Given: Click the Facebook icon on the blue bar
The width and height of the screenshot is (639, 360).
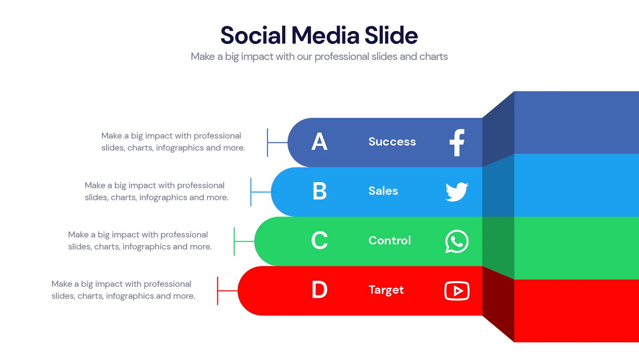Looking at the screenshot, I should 457,142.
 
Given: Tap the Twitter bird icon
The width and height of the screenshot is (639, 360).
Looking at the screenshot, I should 457,192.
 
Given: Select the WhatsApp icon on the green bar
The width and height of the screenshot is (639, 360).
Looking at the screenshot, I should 457,241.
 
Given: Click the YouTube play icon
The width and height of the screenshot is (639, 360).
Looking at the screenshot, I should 457,291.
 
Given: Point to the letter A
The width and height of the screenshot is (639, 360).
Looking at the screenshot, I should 319,142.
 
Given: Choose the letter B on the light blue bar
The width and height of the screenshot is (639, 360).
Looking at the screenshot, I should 319,191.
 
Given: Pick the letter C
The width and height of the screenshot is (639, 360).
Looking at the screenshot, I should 319,241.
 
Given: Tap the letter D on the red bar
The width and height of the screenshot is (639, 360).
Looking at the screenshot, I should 319,290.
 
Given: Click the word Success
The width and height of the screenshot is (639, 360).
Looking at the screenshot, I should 392,142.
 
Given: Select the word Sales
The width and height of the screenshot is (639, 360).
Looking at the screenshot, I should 383,191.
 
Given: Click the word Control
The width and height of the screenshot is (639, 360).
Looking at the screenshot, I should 390,241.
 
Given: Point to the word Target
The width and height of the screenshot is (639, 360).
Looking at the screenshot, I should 386,290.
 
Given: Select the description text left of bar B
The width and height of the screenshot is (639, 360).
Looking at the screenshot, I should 156,191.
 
